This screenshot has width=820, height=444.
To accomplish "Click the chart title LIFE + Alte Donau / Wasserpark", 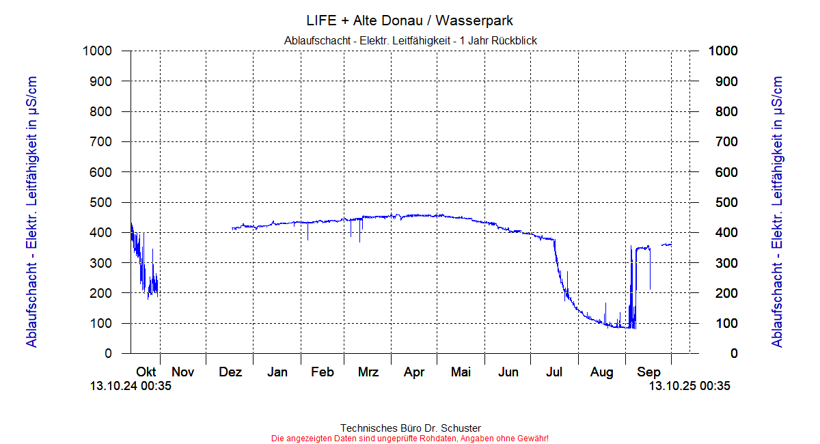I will (410, 21).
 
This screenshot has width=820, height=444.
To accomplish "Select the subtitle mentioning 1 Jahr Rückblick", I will (410, 41).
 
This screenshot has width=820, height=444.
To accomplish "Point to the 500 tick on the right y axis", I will (722, 202).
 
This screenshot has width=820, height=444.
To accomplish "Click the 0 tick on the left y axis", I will (108, 354).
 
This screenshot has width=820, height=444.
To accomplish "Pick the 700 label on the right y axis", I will (722, 142).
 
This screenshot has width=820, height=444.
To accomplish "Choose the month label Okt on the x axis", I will (146, 372).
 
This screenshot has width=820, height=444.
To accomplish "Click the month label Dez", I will (231, 372).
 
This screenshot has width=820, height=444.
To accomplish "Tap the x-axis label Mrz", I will (368, 372).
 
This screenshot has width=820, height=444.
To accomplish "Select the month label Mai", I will (461, 372).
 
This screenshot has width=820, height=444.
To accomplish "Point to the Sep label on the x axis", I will (648, 372).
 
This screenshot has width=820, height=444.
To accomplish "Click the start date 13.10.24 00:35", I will (131, 387).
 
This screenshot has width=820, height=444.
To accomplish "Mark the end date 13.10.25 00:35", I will (689, 387).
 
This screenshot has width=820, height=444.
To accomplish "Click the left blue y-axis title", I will (31, 212).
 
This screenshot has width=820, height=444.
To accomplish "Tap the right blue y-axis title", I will (777, 212).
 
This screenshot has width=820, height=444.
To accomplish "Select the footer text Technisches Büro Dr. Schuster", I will (410, 428).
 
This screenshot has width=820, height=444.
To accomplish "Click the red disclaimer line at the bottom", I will (410, 438).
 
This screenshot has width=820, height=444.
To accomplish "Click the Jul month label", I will (554, 372).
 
